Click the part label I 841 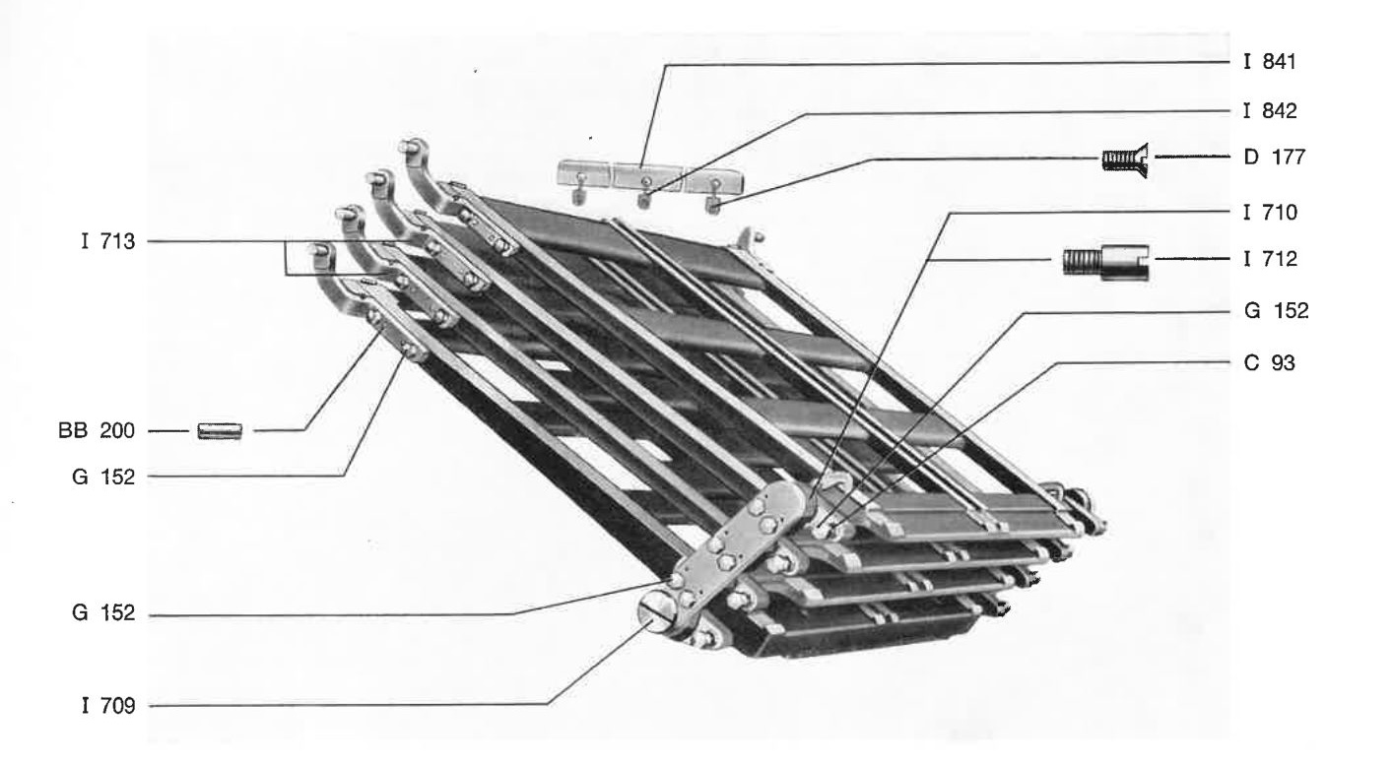pos(1270,62)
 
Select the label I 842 pos(1270,110)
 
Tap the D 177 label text pos(1274,157)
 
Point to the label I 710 pos(1270,213)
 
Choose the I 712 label pos(1270,259)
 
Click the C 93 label pos(1269,362)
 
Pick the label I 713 pos(108,241)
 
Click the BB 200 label pos(97,430)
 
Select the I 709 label pos(108,706)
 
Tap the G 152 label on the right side pos(1276,310)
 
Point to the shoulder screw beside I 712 pos(1105,262)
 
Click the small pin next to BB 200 pos(220,431)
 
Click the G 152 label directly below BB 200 pos(103,477)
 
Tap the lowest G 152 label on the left pos(103,613)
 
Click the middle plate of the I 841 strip pos(646,176)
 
